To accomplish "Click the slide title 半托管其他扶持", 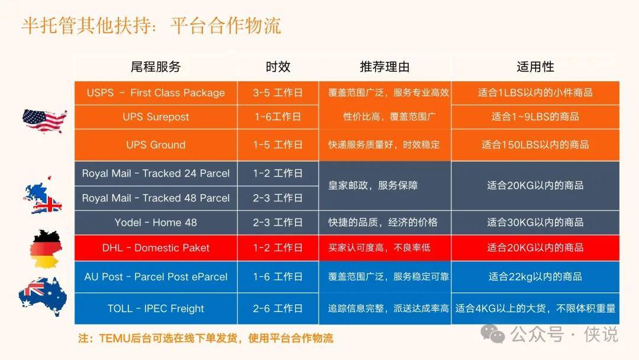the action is click(89, 26).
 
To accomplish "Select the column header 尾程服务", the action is click(156, 67).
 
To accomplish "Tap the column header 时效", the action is click(278, 67).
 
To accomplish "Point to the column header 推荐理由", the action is click(385, 67).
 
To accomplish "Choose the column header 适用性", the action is click(535, 67).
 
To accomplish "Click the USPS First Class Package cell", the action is click(156, 93).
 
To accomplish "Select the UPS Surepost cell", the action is click(156, 117).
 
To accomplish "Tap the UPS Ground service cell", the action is click(156, 144).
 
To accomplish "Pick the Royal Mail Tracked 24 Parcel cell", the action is click(156, 173).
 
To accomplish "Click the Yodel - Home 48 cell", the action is click(156, 223).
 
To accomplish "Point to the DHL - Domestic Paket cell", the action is click(156, 248).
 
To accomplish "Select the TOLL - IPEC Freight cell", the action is click(156, 308).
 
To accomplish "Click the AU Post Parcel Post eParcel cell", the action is click(156, 277).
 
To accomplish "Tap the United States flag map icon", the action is click(44, 121).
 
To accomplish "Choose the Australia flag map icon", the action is click(43, 297).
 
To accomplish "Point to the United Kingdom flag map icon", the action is click(43, 195).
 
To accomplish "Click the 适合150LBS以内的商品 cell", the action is click(535, 144).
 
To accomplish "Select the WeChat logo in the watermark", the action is click(493, 334).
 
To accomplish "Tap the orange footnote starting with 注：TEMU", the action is click(206, 338).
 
